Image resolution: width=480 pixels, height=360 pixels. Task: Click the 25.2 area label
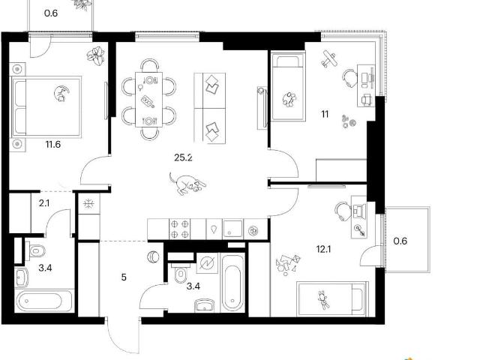[x=183, y=157]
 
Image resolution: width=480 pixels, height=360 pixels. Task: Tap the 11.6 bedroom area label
[x=53, y=144]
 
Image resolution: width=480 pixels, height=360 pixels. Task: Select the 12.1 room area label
[x=323, y=249]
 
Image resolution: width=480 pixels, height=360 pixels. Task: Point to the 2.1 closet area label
[x=44, y=203]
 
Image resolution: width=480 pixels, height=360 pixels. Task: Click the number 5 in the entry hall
[x=124, y=277]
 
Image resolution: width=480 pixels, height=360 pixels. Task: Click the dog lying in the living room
[x=187, y=183]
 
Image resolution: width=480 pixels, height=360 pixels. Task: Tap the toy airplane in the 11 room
[x=328, y=59]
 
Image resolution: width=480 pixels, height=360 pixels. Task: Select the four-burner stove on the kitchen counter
[x=180, y=229]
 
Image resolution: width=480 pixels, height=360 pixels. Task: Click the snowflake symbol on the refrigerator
[x=88, y=203]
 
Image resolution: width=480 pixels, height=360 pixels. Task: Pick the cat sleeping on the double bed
[x=61, y=93]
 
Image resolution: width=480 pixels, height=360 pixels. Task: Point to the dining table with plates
[x=148, y=99]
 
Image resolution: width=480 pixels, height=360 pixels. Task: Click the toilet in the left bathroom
[x=35, y=251]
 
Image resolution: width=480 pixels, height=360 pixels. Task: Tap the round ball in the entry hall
[x=153, y=256]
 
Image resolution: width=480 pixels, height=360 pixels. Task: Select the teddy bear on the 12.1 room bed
[x=323, y=300]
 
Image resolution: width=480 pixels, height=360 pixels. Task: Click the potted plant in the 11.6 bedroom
[x=96, y=55]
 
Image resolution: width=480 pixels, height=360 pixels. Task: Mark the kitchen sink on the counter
[x=232, y=229]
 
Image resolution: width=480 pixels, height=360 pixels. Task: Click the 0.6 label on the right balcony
[x=400, y=241]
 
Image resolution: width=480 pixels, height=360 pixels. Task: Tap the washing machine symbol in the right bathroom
[x=207, y=263]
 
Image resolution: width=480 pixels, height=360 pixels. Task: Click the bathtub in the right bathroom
[x=233, y=283]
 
